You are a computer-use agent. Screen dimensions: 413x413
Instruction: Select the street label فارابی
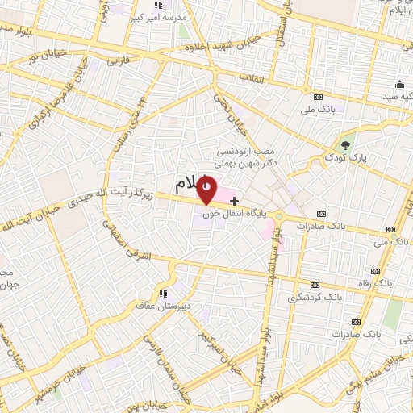(118, 60)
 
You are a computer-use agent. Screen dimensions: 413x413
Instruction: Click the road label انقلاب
(252, 77)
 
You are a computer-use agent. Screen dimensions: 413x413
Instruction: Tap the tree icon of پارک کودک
(346, 146)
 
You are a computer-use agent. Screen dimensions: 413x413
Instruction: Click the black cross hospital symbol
(234, 199)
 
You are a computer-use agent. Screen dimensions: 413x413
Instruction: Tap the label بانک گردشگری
(315, 298)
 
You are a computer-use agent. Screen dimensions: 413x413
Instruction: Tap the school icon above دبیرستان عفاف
(164, 293)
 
